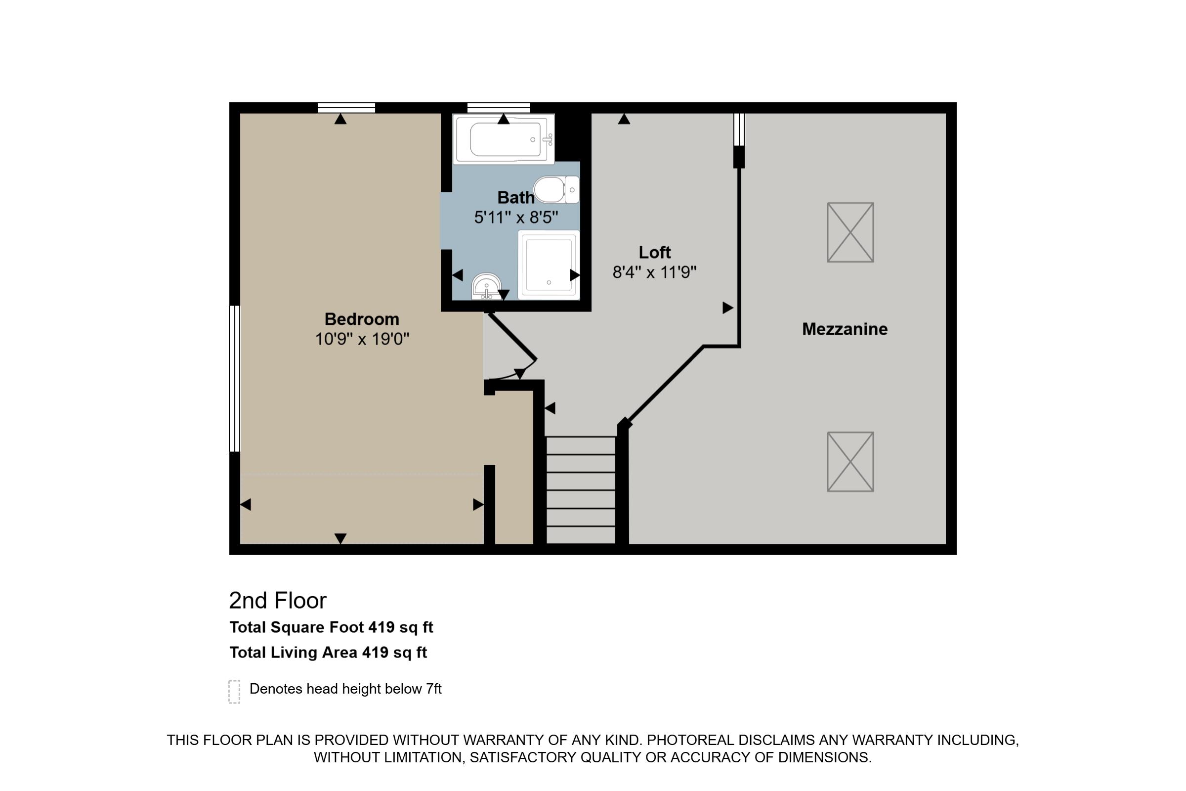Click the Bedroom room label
pos(362,319)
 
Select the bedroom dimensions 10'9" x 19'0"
pos(362,339)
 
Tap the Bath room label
pos(515,197)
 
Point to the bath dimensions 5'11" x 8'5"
pos(515,218)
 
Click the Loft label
pos(654,252)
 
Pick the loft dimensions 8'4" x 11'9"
pos(654,272)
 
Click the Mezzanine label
pos(844,329)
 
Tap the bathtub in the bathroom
pos(504,139)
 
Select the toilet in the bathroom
pos(554,190)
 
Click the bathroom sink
pos(486,287)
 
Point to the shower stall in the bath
pos(549,265)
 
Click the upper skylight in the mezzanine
pos(849,232)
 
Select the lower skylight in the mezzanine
pos(849,462)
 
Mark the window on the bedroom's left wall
pos(234,378)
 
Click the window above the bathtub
pos(498,107)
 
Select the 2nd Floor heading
pos(278,600)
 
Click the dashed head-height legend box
pos(234,692)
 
